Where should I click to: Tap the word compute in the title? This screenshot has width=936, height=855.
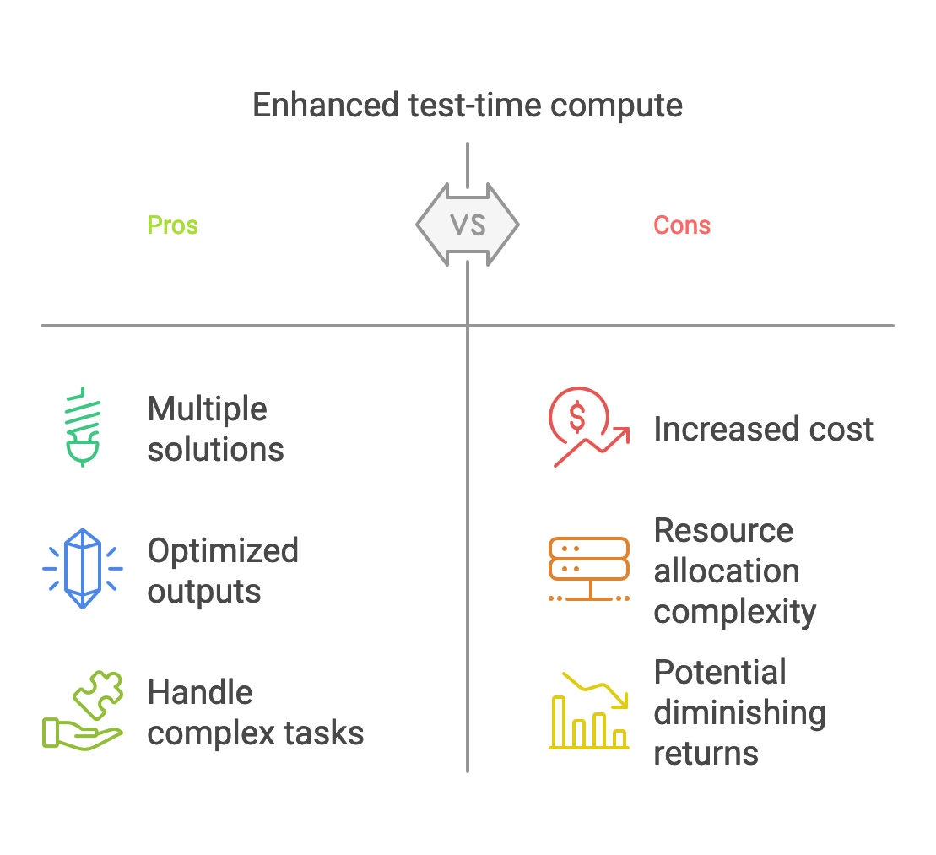tap(616, 106)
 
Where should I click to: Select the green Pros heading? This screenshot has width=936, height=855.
tap(173, 225)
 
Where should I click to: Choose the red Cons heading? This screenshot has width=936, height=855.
tap(682, 225)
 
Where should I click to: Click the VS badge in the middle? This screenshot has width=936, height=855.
tap(468, 225)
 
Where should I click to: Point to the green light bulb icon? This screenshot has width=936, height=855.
tap(82, 427)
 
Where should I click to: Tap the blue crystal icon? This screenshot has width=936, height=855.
tap(83, 568)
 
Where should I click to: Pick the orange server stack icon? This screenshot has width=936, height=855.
tap(589, 568)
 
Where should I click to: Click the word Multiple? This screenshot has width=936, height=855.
tap(208, 409)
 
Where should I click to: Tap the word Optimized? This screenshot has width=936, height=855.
tap(223, 551)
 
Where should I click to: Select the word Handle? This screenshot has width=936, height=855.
tap(200, 693)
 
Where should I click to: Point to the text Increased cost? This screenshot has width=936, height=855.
tap(763, 430)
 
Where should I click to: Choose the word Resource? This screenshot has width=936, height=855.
tap(723, 531)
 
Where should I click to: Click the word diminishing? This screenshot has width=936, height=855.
tap(739, 713)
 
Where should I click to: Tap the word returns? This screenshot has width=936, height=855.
tap(706, 753)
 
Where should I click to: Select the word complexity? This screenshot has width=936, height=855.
tap(734, 612)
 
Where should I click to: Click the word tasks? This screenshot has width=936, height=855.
tap(327, 733)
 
